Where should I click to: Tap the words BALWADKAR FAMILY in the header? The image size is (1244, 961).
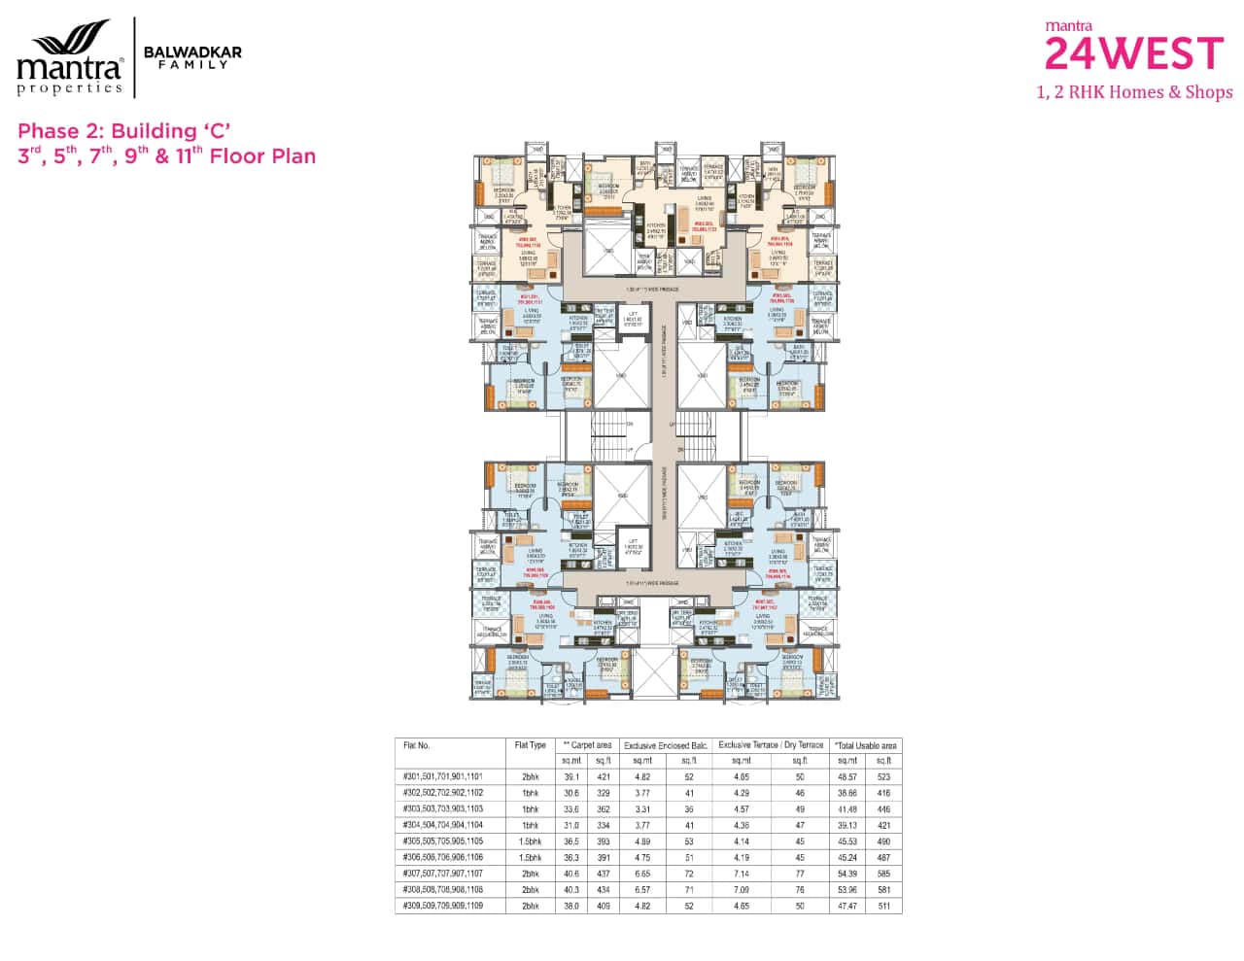(x=192, y=57)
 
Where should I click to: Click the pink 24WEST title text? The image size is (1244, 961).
(x=1133, y=52)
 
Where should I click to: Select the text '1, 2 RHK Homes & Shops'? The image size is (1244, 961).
(x=1134, y=92)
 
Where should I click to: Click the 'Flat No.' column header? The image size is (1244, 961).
(x=417, y=745)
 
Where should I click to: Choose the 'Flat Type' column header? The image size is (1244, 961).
(x=530, y=745)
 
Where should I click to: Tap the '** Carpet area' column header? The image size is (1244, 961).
(x=587, y=745)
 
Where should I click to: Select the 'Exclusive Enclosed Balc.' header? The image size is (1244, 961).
(x=666, y=745)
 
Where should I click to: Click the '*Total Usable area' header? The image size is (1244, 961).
(x=865, y=745)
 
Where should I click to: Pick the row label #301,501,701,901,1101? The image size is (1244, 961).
(x=442, y=777)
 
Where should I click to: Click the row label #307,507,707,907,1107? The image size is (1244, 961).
(x=442, y=874)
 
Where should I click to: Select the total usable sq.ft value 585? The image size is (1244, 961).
(x=883, y=874)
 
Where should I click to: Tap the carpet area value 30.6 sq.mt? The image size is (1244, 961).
(x=571, y=793)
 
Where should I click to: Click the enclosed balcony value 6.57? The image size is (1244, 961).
(x=642, y=889)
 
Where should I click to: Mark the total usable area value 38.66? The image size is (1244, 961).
(x=847, y=793)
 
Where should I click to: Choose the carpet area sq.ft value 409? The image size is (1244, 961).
(x=604, y=906)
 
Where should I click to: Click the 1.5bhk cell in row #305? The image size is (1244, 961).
(x=530, y=841)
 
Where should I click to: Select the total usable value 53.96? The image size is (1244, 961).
(x=847, y=889)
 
